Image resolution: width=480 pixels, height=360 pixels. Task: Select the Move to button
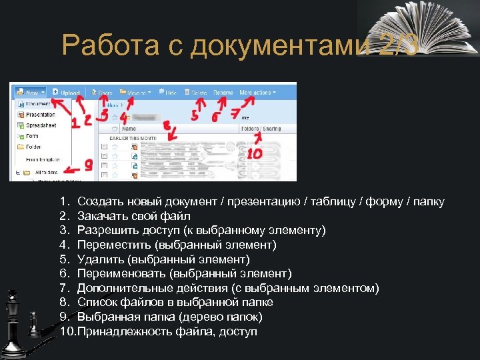(138, 93)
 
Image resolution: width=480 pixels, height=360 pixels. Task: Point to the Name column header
(129, 129)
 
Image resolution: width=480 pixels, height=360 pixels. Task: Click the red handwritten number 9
(89, 164)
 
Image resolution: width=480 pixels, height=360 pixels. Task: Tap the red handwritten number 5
(195, 115)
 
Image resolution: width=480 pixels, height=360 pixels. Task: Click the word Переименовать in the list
(122, 273)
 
